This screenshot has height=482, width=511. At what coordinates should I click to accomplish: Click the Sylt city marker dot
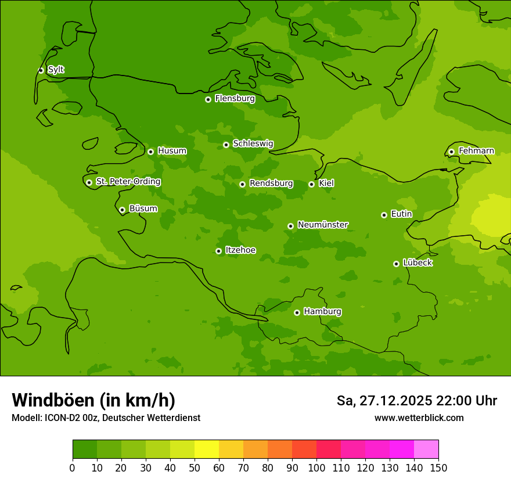(41, 70)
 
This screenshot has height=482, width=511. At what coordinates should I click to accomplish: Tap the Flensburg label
(235, 99)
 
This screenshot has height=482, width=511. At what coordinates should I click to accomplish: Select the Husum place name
(172, 151)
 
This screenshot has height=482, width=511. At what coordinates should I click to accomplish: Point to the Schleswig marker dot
(226, 145)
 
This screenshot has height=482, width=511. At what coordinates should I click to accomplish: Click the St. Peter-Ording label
(128, 182)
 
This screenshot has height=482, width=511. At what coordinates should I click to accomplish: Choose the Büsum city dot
(122, 210)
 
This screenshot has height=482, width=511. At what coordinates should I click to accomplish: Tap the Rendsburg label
(271, 184)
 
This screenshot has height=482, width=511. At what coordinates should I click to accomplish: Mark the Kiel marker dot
(311, 184)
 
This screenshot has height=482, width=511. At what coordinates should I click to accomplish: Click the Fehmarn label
(476, 151)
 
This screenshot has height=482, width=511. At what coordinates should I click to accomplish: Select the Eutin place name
(401, 214)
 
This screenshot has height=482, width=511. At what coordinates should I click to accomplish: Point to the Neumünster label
(323, 225)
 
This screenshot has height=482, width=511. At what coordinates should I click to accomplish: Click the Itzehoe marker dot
(218, 251)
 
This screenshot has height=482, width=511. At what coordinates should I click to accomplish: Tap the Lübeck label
(417, 263)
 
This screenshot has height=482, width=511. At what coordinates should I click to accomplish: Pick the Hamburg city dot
(297, 312)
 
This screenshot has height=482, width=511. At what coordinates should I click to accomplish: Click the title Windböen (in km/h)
(93, 400)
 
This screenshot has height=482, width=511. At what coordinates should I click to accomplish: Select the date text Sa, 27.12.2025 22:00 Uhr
(416, 401)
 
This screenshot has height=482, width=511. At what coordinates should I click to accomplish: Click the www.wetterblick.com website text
(419, 418)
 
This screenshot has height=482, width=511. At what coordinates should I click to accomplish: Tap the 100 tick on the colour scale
(316, 467)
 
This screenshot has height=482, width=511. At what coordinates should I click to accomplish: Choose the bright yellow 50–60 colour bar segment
(207, 449)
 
